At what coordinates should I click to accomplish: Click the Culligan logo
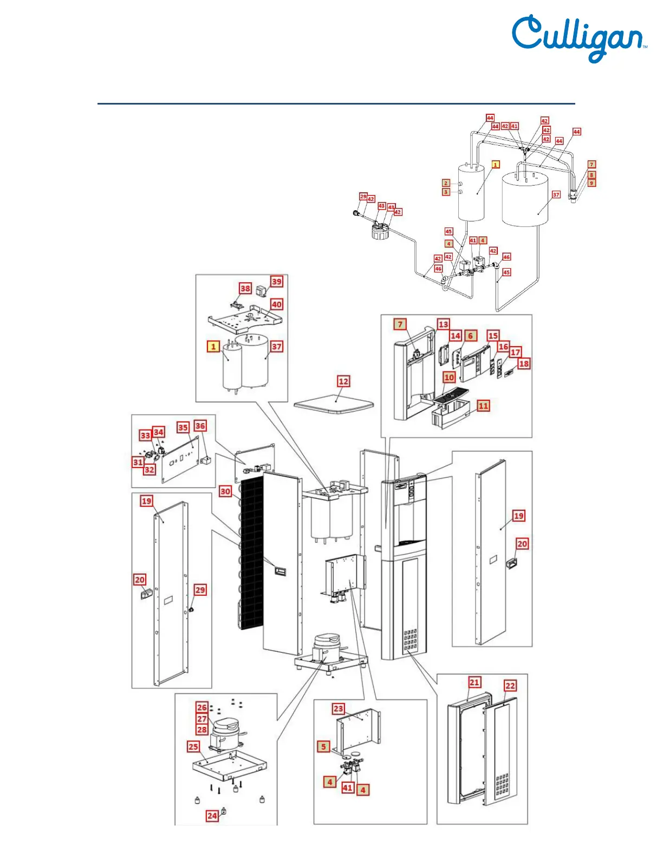click(578, 38)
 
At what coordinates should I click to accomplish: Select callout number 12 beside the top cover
click(343, 381)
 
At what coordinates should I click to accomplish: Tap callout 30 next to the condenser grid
click(225, 491)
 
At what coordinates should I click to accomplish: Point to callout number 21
click(474, 682)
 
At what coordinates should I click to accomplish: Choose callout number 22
click(510, 686)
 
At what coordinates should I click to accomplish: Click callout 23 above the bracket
click(339, 708)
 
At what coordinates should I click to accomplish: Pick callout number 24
click(212, 816)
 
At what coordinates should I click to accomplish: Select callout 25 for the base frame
click(193, 746)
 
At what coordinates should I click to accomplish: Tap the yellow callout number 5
click(323, 746)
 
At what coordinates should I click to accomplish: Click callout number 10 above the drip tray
click(449, 377)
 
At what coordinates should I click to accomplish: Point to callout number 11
click(483, 406)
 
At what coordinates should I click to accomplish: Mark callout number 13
click(444, 324)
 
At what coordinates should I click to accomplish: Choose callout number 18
click(524, 363)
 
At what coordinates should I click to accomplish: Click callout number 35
click(183, 427)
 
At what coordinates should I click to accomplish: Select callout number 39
click(277, 282)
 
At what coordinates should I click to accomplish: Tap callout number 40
click(277, 304)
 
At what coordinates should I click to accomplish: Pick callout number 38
click(245, 288)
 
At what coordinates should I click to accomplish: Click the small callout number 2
click(446, 183)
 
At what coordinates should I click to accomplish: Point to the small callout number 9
click(591, 183)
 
